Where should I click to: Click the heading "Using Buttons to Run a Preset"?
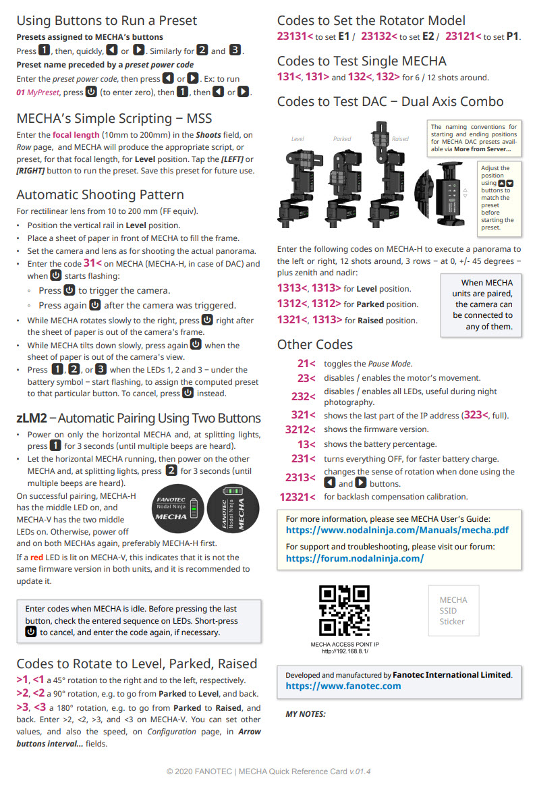click(x=107, y=20)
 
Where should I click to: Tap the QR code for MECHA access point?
click(x=344, y=610)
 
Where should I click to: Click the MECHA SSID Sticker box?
click(x=453, y=610)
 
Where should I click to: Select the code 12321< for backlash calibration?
click(x=297, y=497)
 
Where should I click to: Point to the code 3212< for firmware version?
click(x=300, y=429)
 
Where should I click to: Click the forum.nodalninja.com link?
click(x=355, y=558)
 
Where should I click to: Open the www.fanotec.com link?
click(x=343, y=686)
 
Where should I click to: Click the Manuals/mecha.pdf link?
click(x=397, y=530)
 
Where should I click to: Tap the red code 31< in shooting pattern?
click(x=92, y=263)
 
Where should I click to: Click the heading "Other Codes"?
click(x=314, y=344)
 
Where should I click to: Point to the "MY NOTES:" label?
click(x=306, y=713)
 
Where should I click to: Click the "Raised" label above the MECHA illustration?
click(x=400, y=139)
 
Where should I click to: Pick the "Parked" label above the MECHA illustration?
click(x=342, y=139)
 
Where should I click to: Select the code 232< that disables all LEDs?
click(x=303, y=396)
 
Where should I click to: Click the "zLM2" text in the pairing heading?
click(x=31, y=418)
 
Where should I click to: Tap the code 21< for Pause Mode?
click(x=306, y=363)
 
